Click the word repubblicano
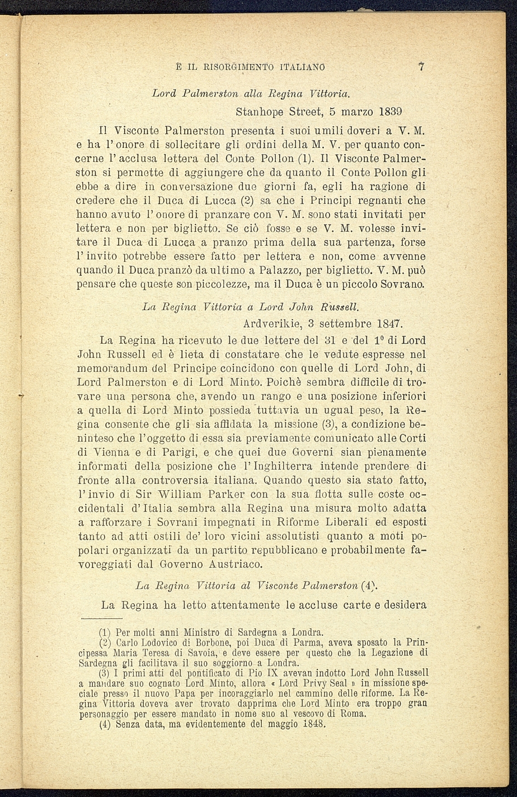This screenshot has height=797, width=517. tap(281, 550)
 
